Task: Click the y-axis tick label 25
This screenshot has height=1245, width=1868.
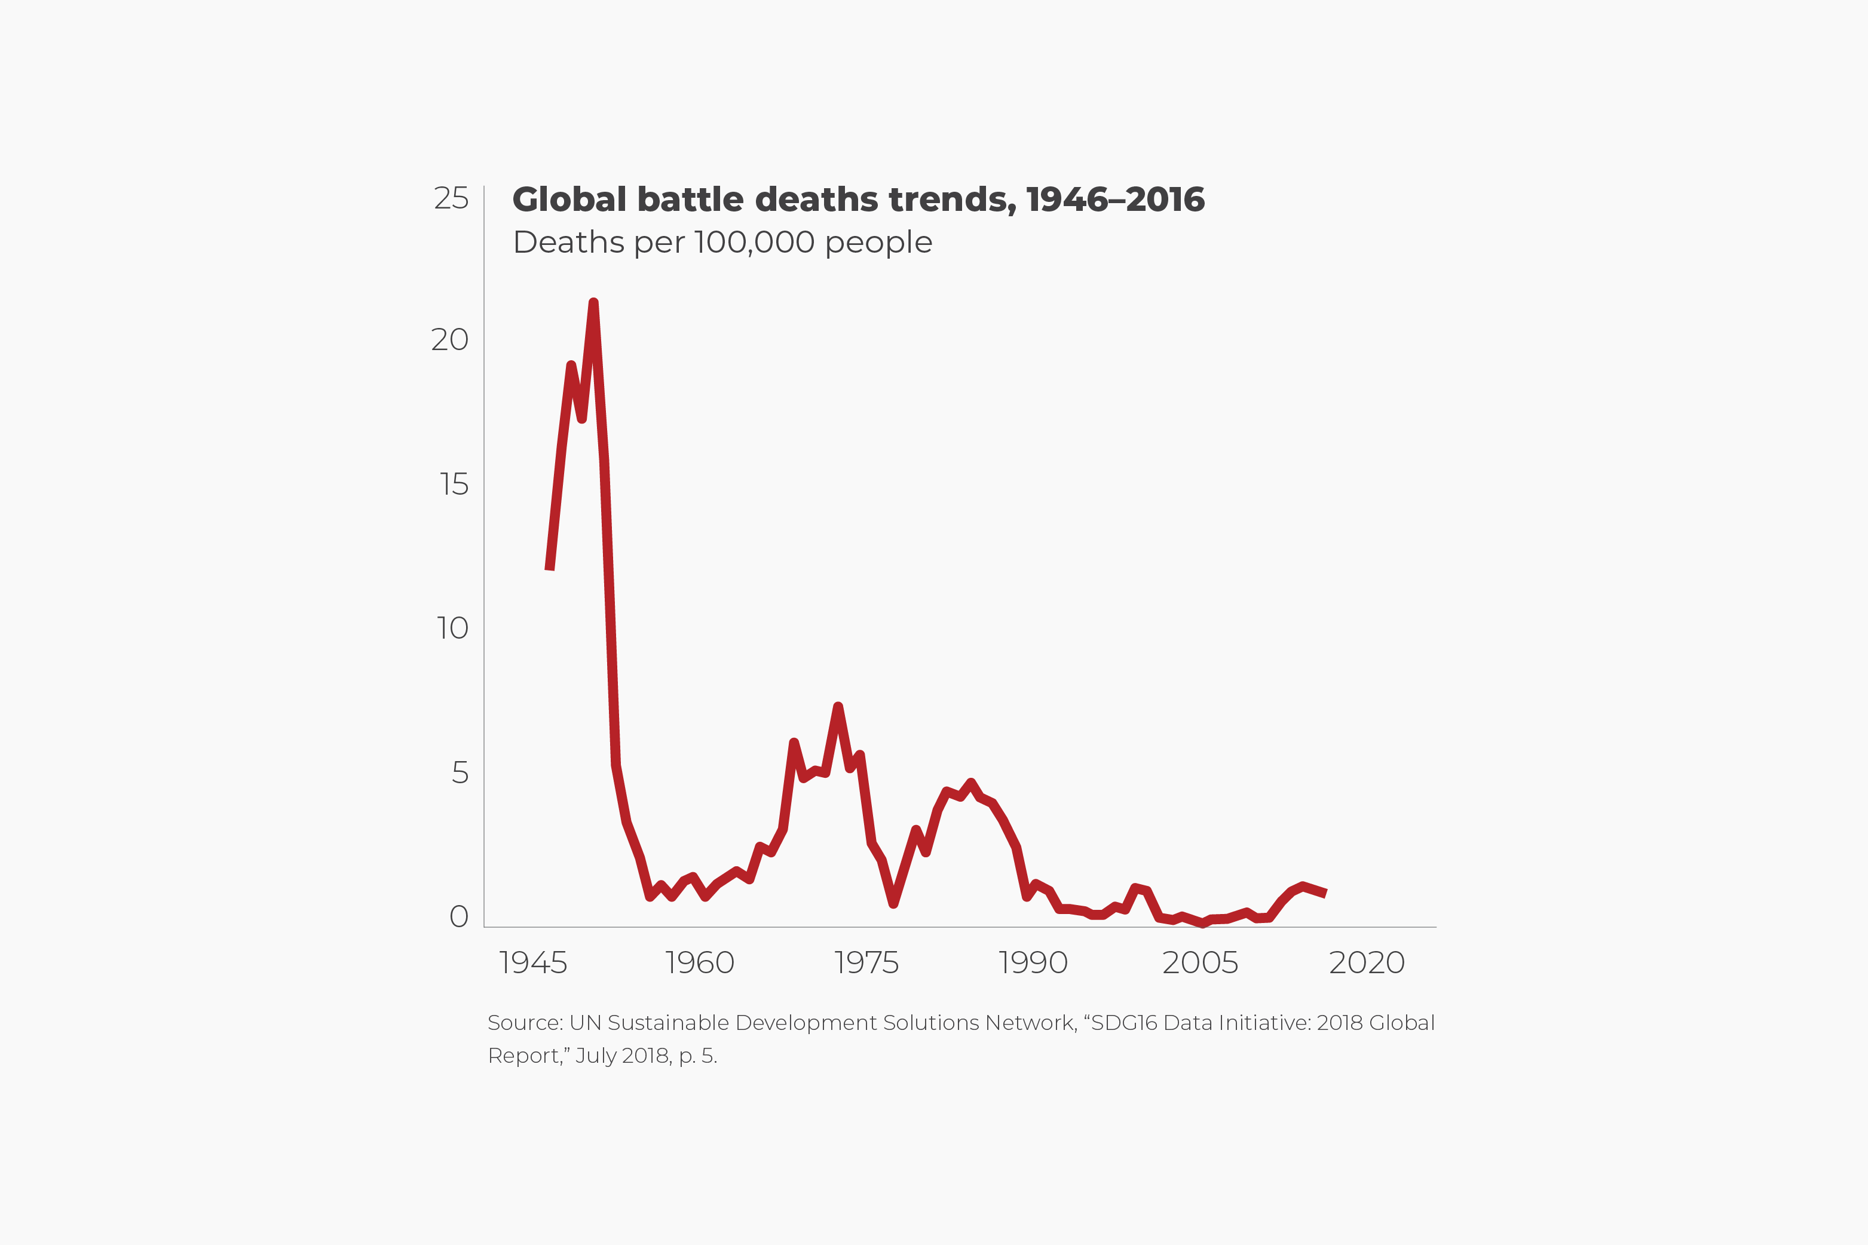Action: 451,198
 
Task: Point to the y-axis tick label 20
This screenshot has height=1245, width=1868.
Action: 449,340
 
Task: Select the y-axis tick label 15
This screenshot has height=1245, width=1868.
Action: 454,484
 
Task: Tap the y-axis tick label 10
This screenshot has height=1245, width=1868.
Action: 452,628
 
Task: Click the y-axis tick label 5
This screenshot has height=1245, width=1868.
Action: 460,772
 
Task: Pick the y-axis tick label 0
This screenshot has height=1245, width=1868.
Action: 458,916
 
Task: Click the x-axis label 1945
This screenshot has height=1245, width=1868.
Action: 533,962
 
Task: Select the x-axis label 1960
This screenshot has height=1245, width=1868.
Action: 699,962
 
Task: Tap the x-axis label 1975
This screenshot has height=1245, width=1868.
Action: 866,962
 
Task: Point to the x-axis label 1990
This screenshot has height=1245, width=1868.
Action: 1033,962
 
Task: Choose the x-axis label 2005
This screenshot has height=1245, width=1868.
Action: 1199,962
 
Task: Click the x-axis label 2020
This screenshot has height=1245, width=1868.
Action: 1366,962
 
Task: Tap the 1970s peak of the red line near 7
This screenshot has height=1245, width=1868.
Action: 838,707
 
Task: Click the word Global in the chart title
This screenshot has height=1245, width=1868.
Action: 569,200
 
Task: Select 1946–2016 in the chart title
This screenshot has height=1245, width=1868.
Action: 1115,200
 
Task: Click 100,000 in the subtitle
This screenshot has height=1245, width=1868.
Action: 755,242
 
